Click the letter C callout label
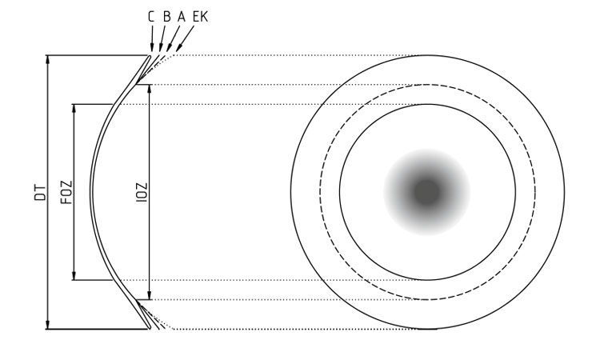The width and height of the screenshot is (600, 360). (x=151, y=17)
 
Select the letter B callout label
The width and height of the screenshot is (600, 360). (x=167, y=17)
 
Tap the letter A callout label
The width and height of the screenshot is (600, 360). (x=182, y=17)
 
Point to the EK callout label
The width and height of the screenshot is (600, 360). (x=200, y=17)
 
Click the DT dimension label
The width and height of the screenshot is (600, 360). (x=40, y=193)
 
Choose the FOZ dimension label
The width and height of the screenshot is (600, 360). (x=66, y=193)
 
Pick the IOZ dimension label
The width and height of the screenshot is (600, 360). (x=142, y=193)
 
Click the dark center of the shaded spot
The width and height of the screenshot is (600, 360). (x=426, y=192)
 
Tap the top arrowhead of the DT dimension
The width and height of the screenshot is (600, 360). (x=48, y=59)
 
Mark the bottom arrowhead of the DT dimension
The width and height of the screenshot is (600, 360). (x=48, y=325)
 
